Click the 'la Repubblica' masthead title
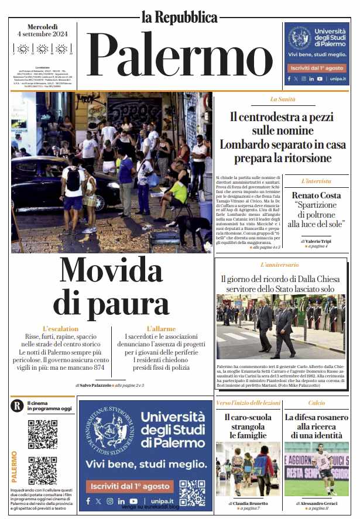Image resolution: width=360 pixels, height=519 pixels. pyautogui.click(x=179, y=16)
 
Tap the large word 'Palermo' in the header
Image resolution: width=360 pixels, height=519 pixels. pyautogui.click(x=179, y=56)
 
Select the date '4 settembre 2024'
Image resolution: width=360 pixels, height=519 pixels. pyautogui.click(x=43, y=35)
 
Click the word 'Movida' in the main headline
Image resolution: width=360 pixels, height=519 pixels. pyautogui.click(x=111, y=271)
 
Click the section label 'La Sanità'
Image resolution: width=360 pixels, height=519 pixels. pyautogui.click(x=283, y=99)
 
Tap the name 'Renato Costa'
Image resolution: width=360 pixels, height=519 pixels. pyautogui.click(x=317, y=195)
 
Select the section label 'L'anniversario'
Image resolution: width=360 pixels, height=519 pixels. pyautogui.click(x=279, y=265)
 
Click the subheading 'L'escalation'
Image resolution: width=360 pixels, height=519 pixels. pyautogui.click(x=60, y=329)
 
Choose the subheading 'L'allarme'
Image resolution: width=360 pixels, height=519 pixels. pyautogui.click(x=161, y=329)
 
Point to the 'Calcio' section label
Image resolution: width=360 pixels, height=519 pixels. pyautogui.click(x=317, y=403)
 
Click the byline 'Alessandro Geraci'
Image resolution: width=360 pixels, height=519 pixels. pyautogui.click(x=320, y=503)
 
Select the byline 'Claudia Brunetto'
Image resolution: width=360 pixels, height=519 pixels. pyautogui.click(x=249, y=503)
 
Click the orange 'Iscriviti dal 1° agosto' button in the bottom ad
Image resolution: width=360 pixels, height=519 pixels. pyautogui.click(x=128, y=486)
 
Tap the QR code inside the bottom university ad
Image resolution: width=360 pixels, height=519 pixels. pyautogui.click(x=191, y=493)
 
